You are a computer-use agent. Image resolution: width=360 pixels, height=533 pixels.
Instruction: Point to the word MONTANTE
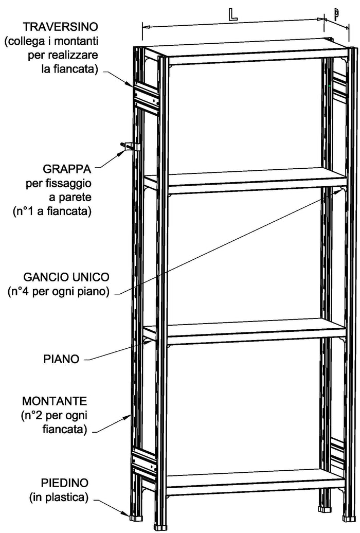click(x=55, y=400)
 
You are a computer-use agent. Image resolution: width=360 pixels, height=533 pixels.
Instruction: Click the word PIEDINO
click(x=64, y=483)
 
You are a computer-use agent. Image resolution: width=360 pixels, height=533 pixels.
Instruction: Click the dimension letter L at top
click(x=232, y=14)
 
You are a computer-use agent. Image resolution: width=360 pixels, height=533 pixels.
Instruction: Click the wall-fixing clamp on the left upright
click(x=131, y=147)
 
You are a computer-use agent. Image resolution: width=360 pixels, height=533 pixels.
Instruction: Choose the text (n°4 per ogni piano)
click(x=58, y=292)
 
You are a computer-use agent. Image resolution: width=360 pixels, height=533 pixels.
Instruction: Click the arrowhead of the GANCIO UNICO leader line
click(x=340, y=190)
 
